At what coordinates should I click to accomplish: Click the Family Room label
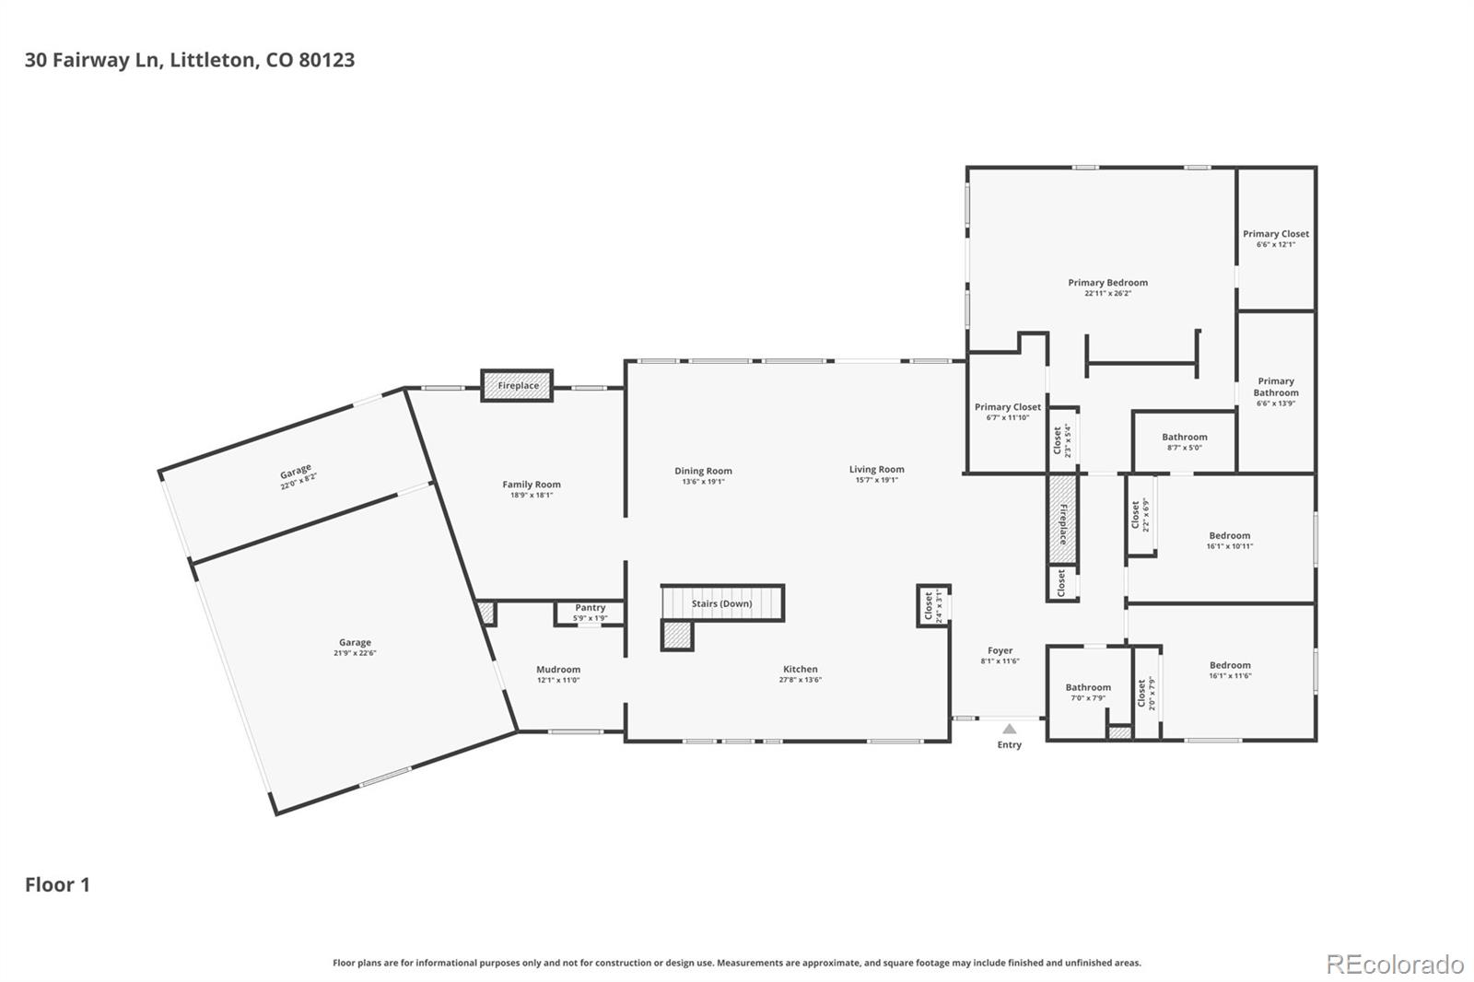[x=532, y=485]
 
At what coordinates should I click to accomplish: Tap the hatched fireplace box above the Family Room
[x=517, y=386]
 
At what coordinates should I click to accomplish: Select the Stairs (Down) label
[x=721, y=604]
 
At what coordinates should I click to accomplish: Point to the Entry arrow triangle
[x=1009, y=729]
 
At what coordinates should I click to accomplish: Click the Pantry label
[x=591, y=608]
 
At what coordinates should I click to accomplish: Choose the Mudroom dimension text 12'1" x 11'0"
[x=558, y=680]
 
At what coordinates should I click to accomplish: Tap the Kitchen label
[x=800, y=669]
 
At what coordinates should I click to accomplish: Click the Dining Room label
[x=703, y=471]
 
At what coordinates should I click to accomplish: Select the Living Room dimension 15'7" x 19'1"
[x=876, y=480]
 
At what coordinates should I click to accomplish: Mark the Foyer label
[x=1000, y=650]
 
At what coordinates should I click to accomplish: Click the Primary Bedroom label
[x=1107, y=283]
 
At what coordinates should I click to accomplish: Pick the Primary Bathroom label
[x=1276, y=387]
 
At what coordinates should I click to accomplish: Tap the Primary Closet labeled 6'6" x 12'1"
[x=1275, y=234]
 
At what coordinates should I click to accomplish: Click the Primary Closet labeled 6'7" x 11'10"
[x=1008, y=407]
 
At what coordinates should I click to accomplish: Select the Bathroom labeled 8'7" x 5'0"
[x=1184, y=438]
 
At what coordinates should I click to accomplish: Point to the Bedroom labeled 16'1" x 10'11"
[x=1230, y=535]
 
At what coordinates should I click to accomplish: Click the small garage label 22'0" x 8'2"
[x=298, y=476]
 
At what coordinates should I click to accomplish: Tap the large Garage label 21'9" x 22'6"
[x=355, y=643]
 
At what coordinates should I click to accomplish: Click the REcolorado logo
[x=1395, y=964]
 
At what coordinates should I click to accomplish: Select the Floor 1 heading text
[x=57, y=884]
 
